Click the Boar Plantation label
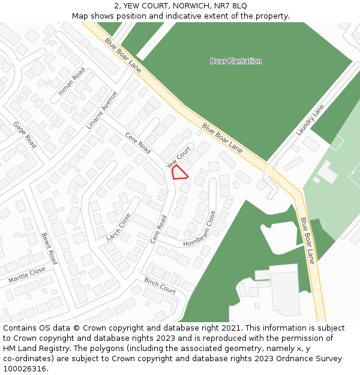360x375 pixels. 236,61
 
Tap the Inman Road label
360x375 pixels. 71,82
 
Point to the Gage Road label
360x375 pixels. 25,135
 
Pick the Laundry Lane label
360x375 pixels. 310,120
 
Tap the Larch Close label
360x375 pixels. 118,226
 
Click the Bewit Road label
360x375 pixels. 49,248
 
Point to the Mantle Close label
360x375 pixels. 27,275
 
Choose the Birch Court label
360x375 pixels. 160,286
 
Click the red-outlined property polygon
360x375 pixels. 179,172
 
